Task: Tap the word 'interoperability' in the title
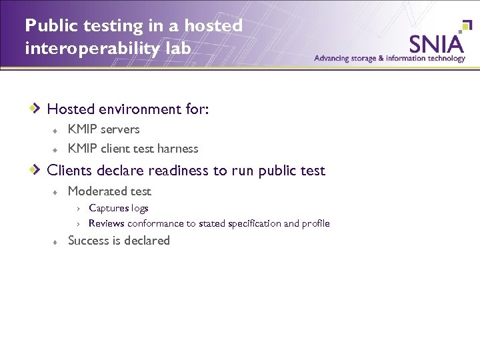[x=85, y=49]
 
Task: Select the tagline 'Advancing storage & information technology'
[x=389, y=58]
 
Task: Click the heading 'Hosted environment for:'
[x=128, y=108]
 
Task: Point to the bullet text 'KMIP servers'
[x=103, y=129]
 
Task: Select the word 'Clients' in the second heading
[x=70, y=170]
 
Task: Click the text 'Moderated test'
[x=109, y=191]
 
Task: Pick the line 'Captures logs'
[x=118, y=208]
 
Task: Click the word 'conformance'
[x=153, y=223]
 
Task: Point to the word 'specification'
[x=254, y=223]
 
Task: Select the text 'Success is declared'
[x=119, y=241]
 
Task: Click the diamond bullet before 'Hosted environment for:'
[x=39, y=107]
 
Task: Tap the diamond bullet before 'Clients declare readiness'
[x=39, y=169]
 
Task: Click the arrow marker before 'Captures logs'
[x=78, y=209]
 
